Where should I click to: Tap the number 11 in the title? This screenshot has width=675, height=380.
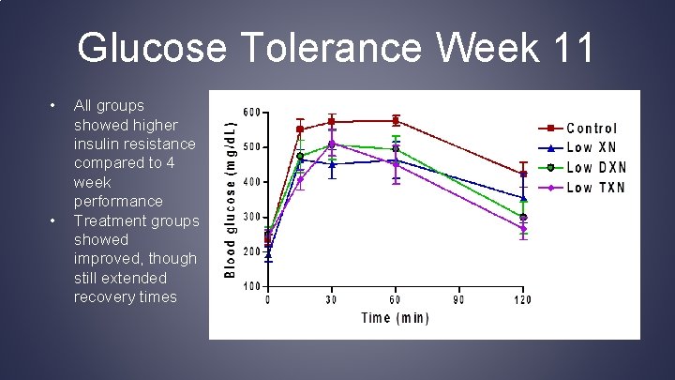[x=568, y=48]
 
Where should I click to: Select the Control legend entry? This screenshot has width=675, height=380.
[x=592, y=128]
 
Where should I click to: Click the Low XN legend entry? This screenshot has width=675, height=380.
[x=592, y=147]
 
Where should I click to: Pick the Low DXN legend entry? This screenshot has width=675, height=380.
[x=597, y=167]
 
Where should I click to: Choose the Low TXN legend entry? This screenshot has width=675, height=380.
[x=596, y=187]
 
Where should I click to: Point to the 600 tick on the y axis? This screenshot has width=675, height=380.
[x=252, y=113]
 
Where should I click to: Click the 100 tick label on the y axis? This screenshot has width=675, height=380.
[x=252, y=286]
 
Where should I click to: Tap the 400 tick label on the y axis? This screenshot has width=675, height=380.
[x=252, y=182]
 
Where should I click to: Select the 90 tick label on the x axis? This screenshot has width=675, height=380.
[x=459, y=300]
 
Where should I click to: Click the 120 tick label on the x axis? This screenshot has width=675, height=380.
[x=522, y=300]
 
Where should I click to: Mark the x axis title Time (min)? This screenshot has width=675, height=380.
[x=395, y=318]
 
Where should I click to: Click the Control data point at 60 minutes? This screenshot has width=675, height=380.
[x=396, y=120]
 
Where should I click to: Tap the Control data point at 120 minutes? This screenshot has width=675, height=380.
[x=523, y=174]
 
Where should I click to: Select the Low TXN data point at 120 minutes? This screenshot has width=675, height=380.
[x=523, y=229]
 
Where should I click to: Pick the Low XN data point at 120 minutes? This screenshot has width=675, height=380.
[x=523, y=198]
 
